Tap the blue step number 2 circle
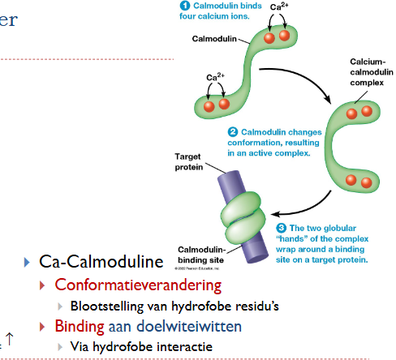click(233, 131)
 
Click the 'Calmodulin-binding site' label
click(200, 254)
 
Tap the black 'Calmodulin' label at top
click(215, 38)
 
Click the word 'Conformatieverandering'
click(137, 285)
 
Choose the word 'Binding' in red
click(80, 327)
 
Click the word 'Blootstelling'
click(105, 306)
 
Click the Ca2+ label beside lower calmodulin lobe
click(216, 78)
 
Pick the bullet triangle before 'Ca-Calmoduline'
click(28, 263)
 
